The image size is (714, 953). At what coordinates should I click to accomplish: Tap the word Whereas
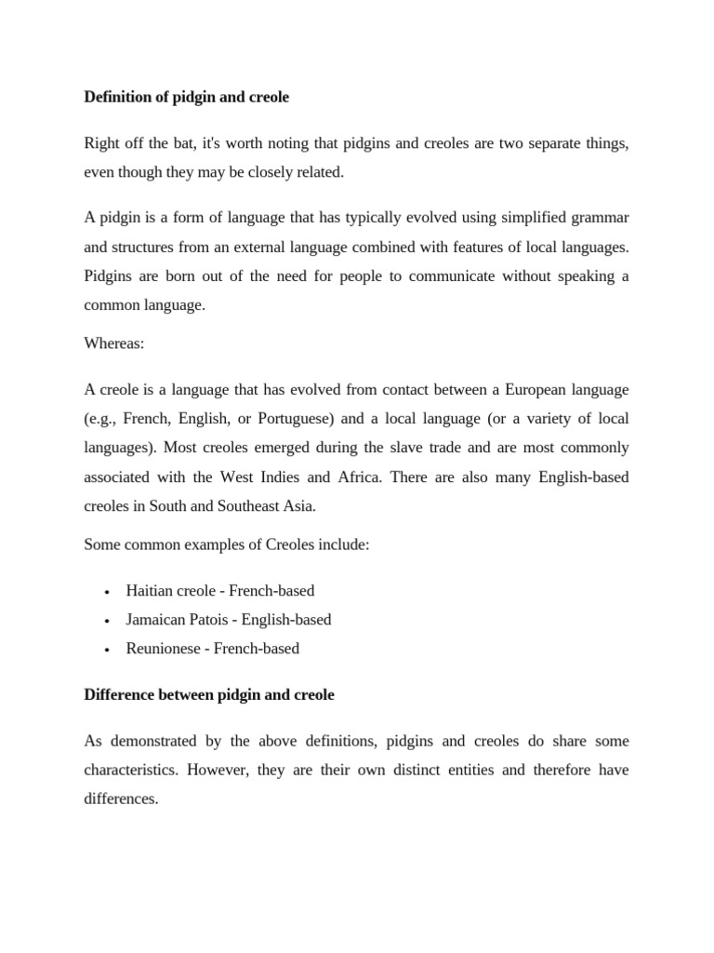[112, 343]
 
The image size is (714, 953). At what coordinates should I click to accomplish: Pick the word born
[175, 276]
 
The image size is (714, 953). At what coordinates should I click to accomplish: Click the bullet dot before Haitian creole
[108, 591]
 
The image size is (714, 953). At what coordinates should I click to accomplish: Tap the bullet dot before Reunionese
[108, 649]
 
